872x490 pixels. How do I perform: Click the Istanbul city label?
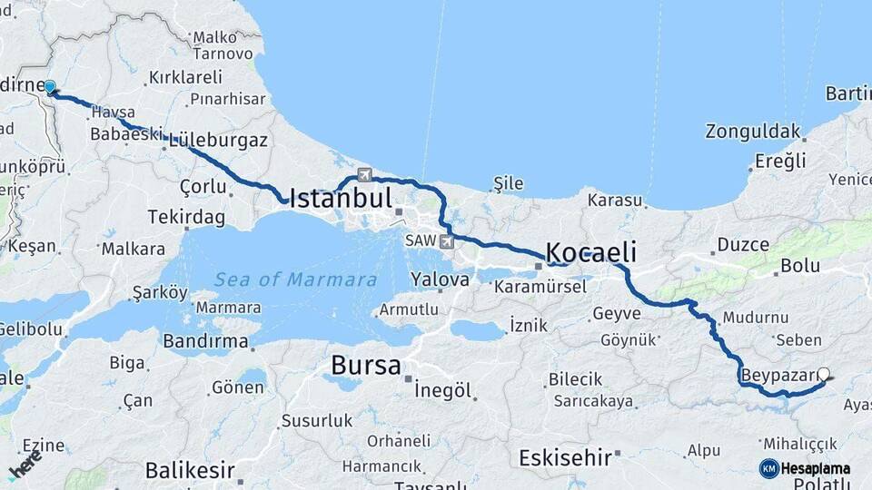pos(341,199)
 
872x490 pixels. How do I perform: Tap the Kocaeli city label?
pos(590,252)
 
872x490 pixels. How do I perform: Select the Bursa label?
pos(365,366)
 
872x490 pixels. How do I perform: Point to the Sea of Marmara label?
pos(295,279)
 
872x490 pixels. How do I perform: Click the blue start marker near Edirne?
pos(50,87)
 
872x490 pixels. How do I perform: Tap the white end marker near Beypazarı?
pos(824,373)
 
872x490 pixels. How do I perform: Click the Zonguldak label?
pos(753,131)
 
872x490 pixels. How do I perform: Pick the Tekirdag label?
pos(188,218)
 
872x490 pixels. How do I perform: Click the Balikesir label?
pos(189,472)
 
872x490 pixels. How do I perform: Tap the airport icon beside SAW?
pos(446,241)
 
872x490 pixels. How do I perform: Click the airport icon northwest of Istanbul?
pos(365,174)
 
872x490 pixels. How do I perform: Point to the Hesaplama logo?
pos(805,468)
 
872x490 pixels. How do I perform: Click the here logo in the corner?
pos(25,465)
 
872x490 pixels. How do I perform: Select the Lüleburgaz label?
pos(218,141)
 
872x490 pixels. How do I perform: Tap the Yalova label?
pos(440,279)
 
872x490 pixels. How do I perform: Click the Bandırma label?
pos(205,342)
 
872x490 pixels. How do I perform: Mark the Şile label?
pos(509,183)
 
